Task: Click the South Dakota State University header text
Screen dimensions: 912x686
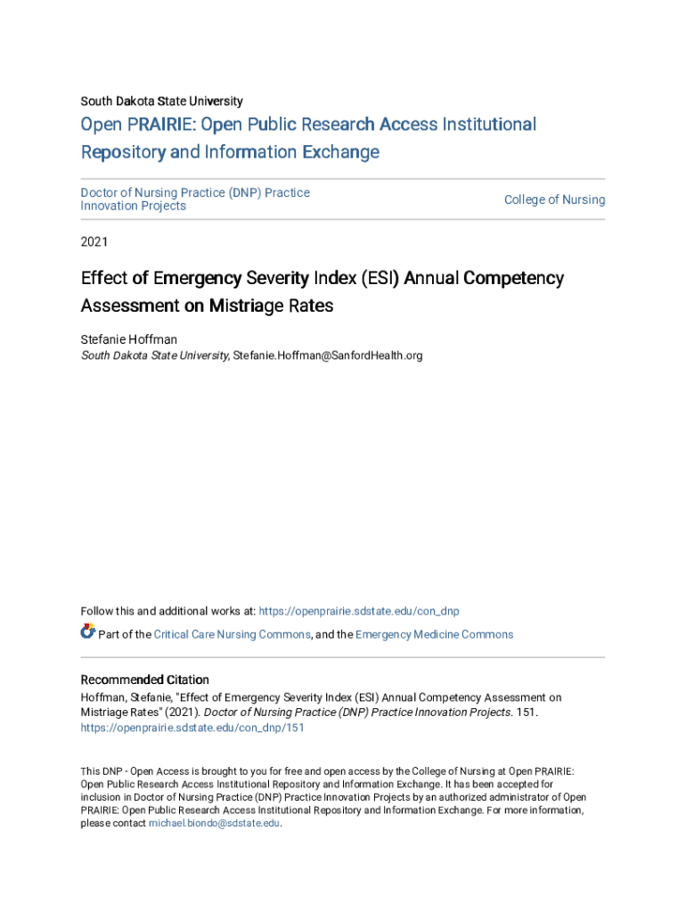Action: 161,102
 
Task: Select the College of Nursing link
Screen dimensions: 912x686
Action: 554,199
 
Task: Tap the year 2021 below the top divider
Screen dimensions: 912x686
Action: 94,241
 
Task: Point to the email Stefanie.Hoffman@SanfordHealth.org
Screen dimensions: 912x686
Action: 327,356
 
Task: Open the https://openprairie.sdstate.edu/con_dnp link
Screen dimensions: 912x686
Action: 359,611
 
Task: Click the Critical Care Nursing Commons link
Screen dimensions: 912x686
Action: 232,635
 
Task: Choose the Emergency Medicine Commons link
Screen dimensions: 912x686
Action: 434,635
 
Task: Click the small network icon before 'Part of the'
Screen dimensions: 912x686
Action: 87,632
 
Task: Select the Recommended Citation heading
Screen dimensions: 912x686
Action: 145,680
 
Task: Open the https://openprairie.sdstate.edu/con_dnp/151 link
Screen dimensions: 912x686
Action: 192,728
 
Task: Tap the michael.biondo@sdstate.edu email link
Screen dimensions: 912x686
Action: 214,824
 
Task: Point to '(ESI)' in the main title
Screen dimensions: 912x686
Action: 380,279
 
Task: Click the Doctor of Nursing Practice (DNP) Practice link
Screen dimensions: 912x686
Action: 195,192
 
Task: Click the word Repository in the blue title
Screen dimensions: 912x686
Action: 122,152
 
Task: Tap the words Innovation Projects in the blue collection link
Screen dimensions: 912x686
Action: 134,207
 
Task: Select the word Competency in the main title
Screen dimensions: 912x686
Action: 513,279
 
